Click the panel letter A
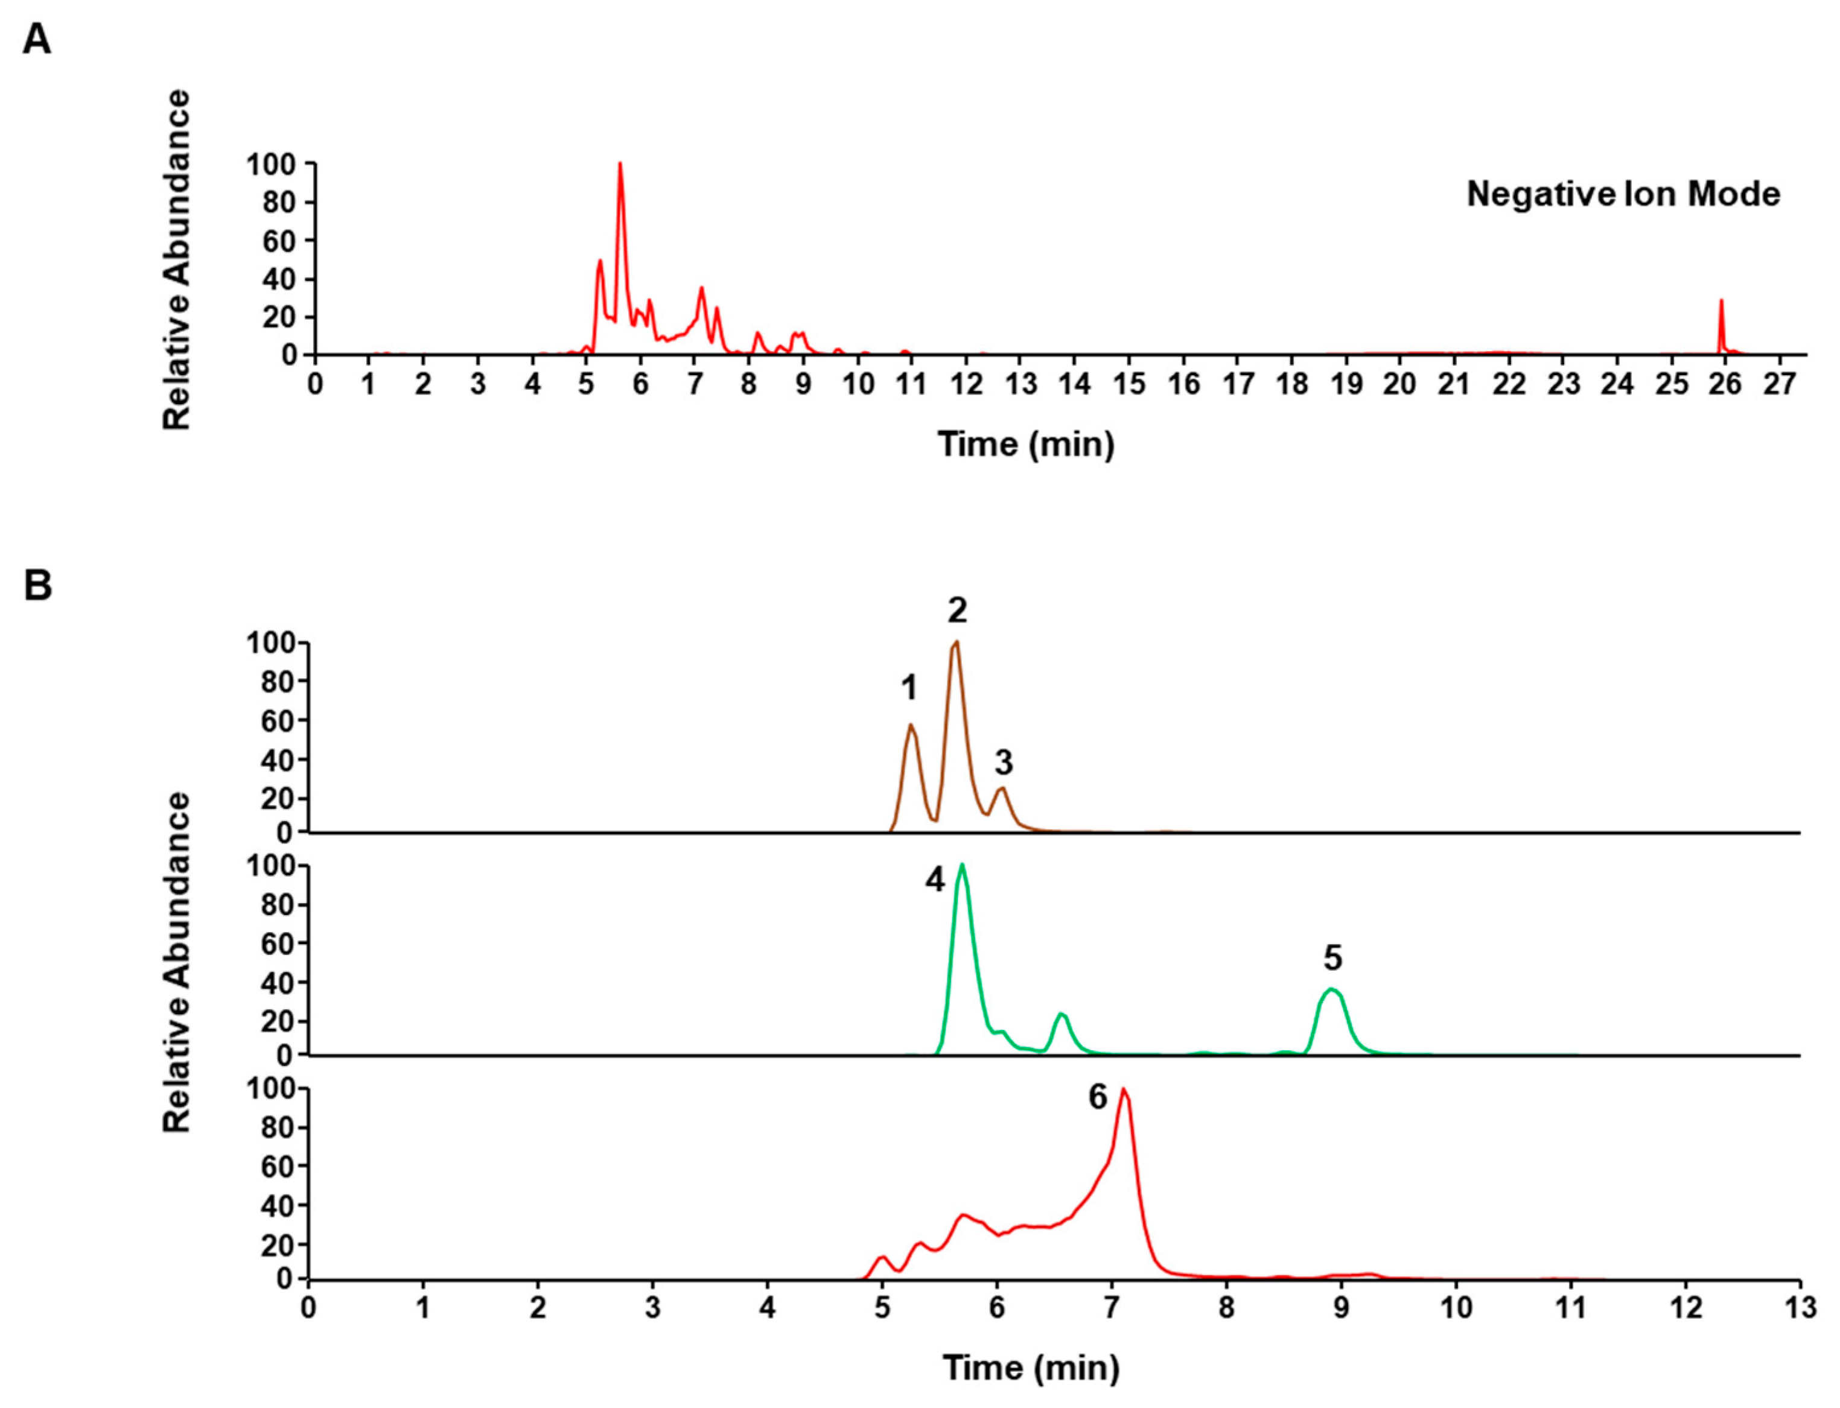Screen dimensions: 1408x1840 [x=36, y=39]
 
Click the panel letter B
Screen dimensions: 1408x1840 [x=38, y=585]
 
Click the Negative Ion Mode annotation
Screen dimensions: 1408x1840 [x=1623, y=194]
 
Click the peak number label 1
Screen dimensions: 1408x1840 [x=909, y=689]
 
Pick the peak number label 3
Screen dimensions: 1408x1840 [x=1004, y=763]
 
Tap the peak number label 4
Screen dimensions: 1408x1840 [x=935, y=880]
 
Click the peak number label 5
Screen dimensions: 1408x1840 [x=1333, y=957]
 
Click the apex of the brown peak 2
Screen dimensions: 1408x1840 [x=956, y=643]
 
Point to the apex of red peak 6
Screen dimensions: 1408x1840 [x=1123, y=1089]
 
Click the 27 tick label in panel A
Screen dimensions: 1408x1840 [x=1779, y=385]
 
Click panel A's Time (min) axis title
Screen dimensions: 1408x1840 [x=1026, y=443]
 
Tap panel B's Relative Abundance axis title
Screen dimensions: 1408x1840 [x=177, y=962]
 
